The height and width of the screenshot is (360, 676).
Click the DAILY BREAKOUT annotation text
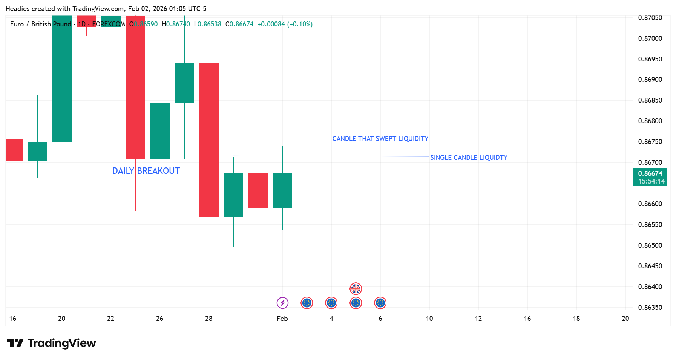146,171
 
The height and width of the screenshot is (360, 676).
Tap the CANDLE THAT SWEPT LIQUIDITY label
380,139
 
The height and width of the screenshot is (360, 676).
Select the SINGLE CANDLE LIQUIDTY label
469,158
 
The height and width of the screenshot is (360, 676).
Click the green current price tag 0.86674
650,177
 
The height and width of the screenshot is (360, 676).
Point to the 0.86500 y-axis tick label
650,245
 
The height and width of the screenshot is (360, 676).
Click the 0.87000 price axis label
650,38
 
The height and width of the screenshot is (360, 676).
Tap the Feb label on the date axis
282,319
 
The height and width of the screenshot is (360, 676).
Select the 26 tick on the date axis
160,319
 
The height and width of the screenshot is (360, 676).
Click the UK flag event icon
356,289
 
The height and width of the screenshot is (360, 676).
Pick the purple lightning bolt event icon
282,303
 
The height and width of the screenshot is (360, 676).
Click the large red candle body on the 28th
209,139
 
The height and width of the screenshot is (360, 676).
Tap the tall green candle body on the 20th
62,79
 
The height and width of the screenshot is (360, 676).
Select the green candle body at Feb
282,190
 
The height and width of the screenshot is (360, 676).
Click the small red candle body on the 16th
14,150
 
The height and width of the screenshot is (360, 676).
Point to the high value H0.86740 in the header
176,24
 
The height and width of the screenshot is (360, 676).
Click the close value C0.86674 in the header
239,24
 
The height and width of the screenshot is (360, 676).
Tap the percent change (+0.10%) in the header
300,24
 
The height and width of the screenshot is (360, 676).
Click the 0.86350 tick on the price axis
650,308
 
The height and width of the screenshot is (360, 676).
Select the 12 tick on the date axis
478,319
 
